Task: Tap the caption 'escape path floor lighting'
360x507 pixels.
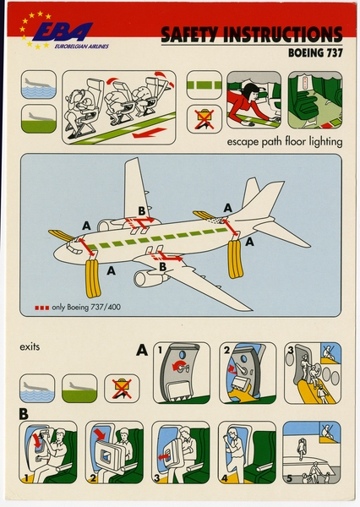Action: coord(284,142)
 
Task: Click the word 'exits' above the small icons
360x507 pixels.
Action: coord(30,346)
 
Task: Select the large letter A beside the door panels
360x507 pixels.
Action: coord(142,349)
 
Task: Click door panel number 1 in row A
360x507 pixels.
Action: coord(181,373)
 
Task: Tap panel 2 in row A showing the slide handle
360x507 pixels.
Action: coord(247,373)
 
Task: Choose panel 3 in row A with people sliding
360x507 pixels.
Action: coord(312,373)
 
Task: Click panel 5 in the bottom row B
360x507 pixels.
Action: coord(312,453)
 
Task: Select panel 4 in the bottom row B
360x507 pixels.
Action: coord(247,453)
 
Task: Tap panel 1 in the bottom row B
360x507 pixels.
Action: coord(47,453)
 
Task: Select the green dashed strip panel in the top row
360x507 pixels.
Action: coord(203,85)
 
